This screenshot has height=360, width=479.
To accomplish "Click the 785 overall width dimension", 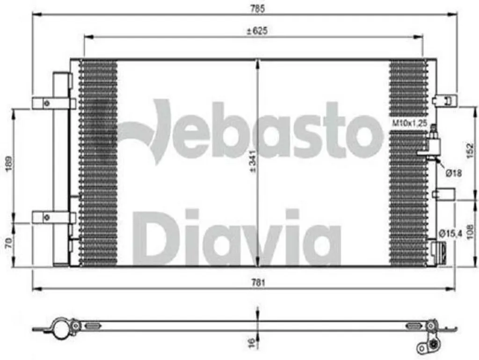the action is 258,8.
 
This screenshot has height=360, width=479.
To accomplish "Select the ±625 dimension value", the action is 257,30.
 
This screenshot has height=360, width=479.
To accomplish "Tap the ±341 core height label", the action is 253,162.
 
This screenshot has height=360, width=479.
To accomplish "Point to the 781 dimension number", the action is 258,283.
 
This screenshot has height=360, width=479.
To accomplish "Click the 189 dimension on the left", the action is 9,164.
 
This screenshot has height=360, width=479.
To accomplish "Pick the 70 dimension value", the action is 9,242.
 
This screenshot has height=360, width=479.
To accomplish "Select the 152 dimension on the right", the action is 470,151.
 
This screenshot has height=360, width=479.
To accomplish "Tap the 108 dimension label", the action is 470,232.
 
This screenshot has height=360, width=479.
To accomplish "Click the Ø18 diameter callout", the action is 453,174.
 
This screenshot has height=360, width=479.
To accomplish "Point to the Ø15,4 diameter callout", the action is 450,234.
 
